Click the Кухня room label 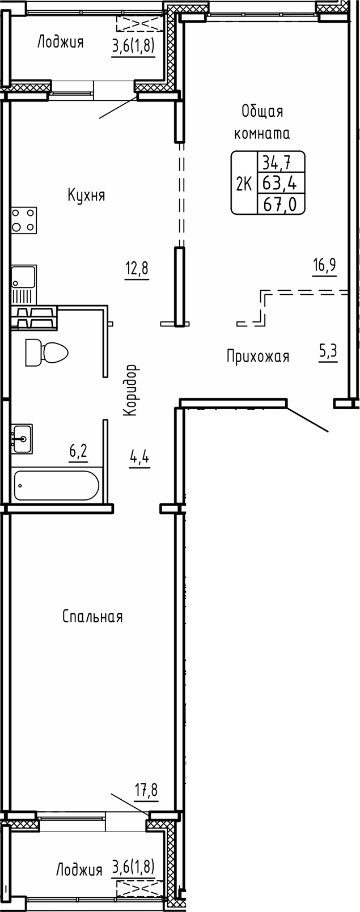pos(86,196)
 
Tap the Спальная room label pos(92,617)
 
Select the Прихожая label pos(258,357)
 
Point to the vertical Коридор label pos(131,391)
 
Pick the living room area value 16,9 pos(324,266)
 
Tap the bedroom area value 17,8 pos(146,790)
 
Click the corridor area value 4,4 pos(139,457)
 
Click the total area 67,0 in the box pos(281,203)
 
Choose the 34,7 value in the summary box pos(277,163)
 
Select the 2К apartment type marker pos(244,184)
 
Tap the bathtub pos(56,485)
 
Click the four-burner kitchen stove pos(24,220)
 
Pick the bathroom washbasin pos(23,438)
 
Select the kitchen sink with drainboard pos(23,285)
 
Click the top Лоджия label pos(61,42)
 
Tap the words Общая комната pos(262,122)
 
